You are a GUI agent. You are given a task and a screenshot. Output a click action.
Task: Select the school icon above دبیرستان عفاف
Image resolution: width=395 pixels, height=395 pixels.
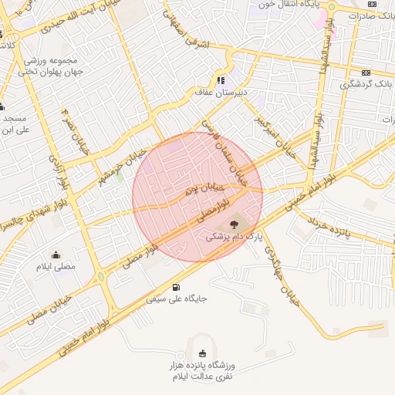221,79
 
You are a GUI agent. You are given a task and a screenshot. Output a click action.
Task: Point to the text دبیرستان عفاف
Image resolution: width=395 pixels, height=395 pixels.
221,92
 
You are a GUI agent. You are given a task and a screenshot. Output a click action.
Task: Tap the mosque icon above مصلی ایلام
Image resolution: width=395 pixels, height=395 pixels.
56,255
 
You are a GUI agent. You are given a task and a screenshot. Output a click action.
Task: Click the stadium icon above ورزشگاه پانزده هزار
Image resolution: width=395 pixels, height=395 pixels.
203,353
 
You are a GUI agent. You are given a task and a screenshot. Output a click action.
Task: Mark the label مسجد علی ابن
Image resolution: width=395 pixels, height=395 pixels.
14,124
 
